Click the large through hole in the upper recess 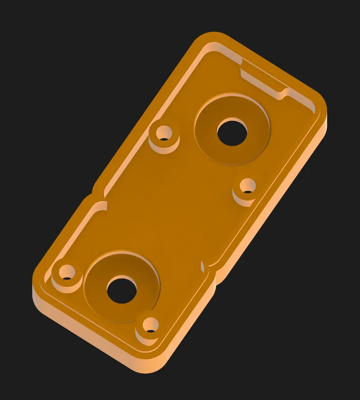pos(232,132)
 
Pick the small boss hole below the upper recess pos(247,186)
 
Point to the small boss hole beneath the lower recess pos(150,324)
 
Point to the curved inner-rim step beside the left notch pos(101,207)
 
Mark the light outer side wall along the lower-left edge pos(90,335)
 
